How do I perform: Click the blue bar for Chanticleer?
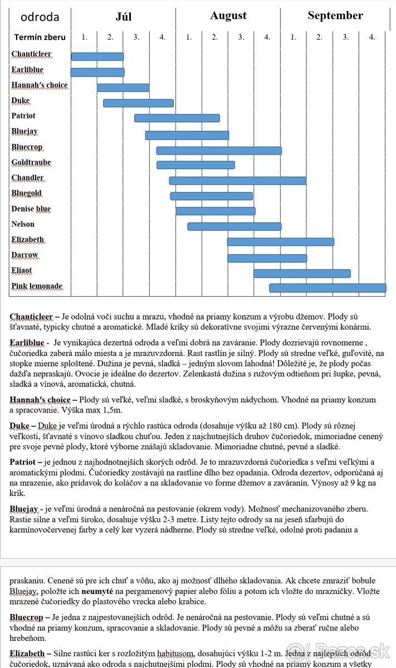(x=97, y=56)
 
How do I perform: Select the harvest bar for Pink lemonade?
(x=327, y=288)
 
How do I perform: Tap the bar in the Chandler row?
(x=238, y=180)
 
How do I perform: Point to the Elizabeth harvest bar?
(x=281, y=242)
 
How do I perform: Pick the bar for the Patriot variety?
(x=177, y=118)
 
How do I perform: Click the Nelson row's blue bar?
(x=234, y=226)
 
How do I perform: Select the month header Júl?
(x=124, y=16)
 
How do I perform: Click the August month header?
(x=228, y=16)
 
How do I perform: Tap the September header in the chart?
(x=335, y=16)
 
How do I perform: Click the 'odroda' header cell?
(x=40, y=17)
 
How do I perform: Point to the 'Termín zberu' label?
(x=40, y=37)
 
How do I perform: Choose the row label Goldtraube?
(x=31, y=163)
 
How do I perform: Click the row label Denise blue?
(x=31, y=209)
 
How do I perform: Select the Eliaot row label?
(x=22, y=271)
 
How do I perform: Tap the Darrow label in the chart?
(x=25, y=255)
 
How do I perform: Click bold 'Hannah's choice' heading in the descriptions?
(x=40, y=400)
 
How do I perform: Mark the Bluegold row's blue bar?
(x=212, y=196)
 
